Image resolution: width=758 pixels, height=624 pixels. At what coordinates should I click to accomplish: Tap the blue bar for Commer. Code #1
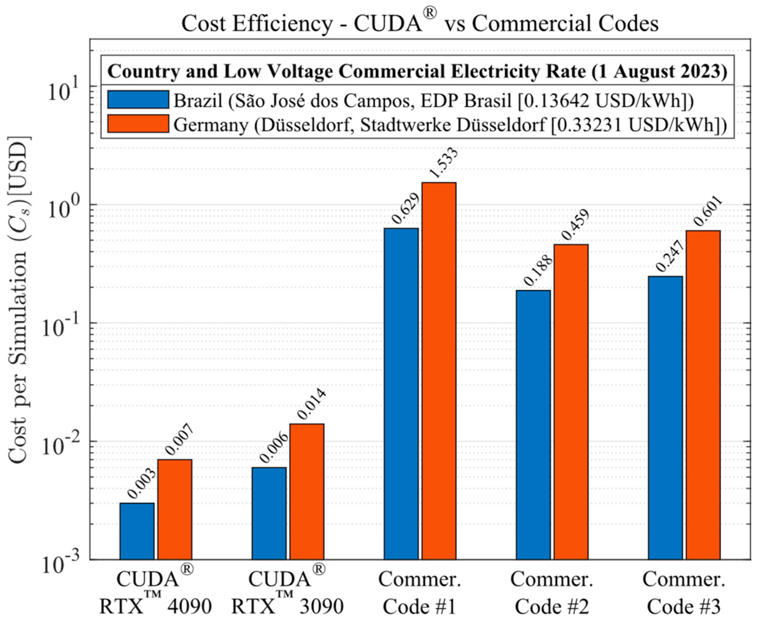[x=401, y=393]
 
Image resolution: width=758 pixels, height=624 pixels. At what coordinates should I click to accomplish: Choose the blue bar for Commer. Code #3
[x=665, y=417]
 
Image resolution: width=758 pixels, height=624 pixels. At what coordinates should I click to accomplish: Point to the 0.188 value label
[x=539, y=270]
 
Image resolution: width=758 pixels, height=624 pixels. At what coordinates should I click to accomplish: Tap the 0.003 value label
[x=142, y=484]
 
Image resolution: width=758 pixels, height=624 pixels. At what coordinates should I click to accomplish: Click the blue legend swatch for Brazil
[x=138, y=100]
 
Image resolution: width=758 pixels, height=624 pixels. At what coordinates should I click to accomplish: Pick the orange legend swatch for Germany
[x=138, y=124]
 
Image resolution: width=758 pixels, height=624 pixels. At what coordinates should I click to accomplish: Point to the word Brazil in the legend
[x=198, y=101]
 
